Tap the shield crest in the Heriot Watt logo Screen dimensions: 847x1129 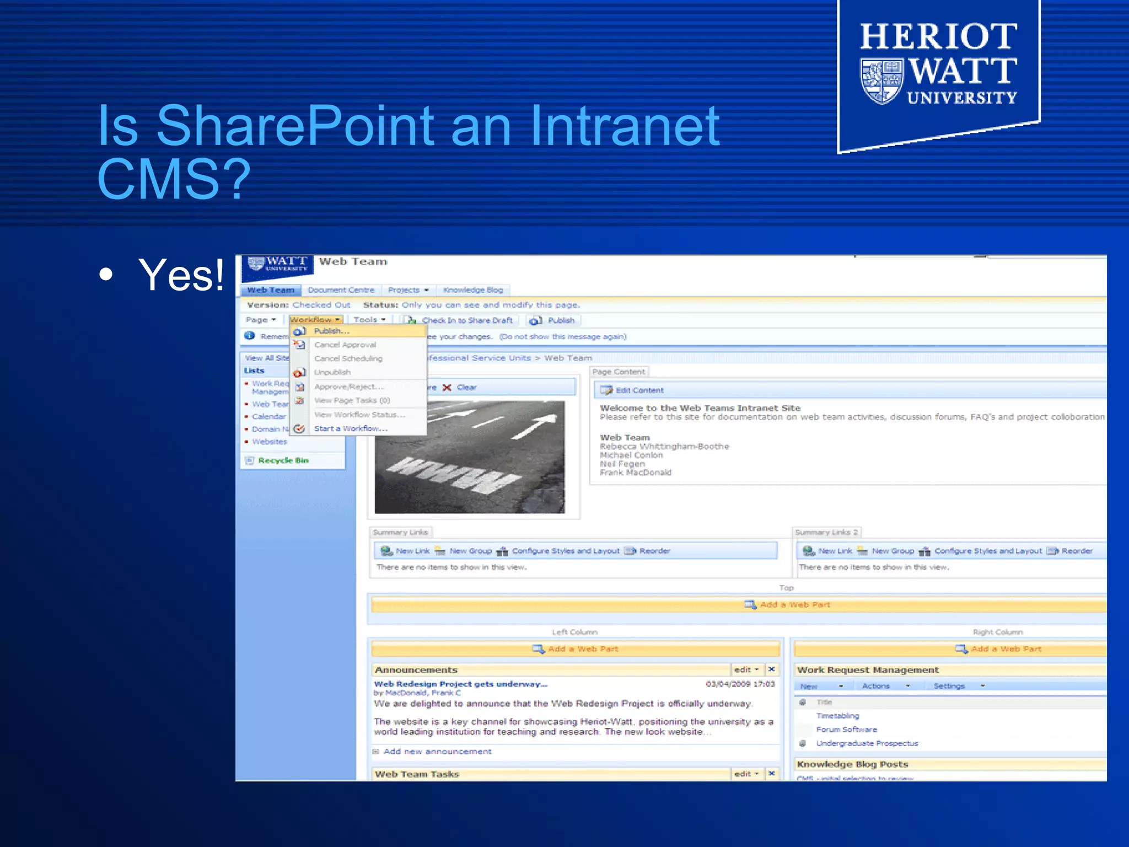pyautogui.click(x=881, y=82)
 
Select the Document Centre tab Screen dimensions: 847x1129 pyautogui.click(x=341, y=290)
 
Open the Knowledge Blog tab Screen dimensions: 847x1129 pyautogui.click(x=473, y=290)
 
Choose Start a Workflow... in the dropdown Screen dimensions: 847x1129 pyautogui.click(x=351, y=428)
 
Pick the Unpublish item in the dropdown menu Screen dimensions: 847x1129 pyautogui.click(x=332, y=372)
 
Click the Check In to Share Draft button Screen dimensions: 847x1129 pyautogui.click(x=467, y=320)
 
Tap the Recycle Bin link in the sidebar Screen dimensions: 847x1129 pyautogui.click(x=283, y=460)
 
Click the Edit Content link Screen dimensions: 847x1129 pyautogui.click(x=639, y=390)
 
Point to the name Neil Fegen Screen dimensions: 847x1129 pyautogui.click(x=622, y=464)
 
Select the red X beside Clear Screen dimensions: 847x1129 pyautogui.click(x=447, y=388)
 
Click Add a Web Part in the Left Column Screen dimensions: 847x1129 pyautogui.click(x=583, y=649)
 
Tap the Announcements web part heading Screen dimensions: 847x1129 pyautogui.click(x=416, y=670)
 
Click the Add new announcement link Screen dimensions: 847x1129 pyautogui.click(x=437, y=752)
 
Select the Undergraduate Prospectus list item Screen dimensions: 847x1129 pyautogui.click(x=867, y=743)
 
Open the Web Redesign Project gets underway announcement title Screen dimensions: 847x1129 pyautogui.click(x=461, y=684)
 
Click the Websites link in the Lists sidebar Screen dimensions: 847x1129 pyautogui.click(x=270, y=442)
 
